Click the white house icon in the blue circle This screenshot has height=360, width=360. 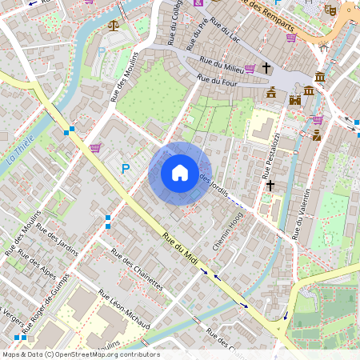click(x=180, y=173)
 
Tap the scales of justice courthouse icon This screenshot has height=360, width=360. click(x=113, y=26)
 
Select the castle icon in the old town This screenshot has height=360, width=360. click(x=294, y=100)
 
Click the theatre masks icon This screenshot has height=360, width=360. click(x=329, y=10)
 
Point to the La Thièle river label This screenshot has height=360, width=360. click(x=17, y=150)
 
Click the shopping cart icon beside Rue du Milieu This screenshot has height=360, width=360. click(x=250, y=69)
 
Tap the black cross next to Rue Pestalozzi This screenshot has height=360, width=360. click(x=270, y=186)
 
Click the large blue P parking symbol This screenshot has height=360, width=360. click(x=125, y=169)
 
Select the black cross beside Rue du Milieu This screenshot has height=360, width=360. click(x=266, y=68)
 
